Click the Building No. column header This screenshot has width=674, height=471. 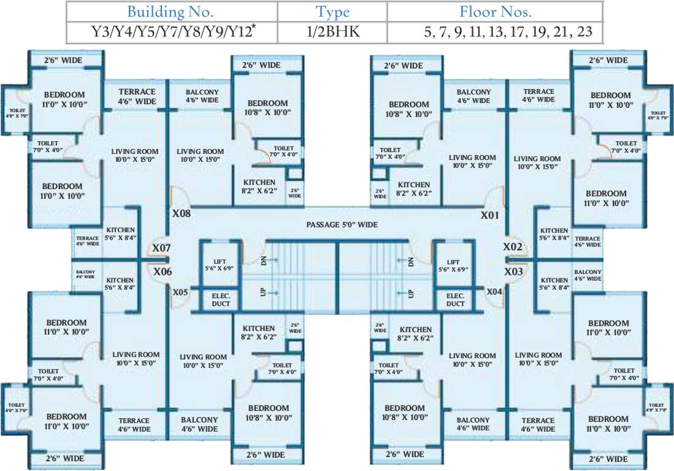pos(172,11)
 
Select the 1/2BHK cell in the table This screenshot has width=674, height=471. pos(332,31)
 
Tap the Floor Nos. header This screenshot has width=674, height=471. pos(495,11)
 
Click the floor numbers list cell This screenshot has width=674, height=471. pos(508,31)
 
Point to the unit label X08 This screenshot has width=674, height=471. pos(182,215)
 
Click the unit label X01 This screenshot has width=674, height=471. pos(490,215)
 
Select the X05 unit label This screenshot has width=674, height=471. pos(180,293)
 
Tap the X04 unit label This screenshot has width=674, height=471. pos(494,292)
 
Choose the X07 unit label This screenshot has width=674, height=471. pos(161,248)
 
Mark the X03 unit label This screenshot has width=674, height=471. pos(513,271)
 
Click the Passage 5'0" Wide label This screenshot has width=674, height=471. pos(342,224)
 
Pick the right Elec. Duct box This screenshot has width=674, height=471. pos(455,299)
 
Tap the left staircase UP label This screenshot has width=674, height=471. pos(264,293)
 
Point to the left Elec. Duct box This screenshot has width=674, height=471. pos(221,299)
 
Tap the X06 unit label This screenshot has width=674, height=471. pos(163,272)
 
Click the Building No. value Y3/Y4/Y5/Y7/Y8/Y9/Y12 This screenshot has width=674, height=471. pos(172,31)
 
